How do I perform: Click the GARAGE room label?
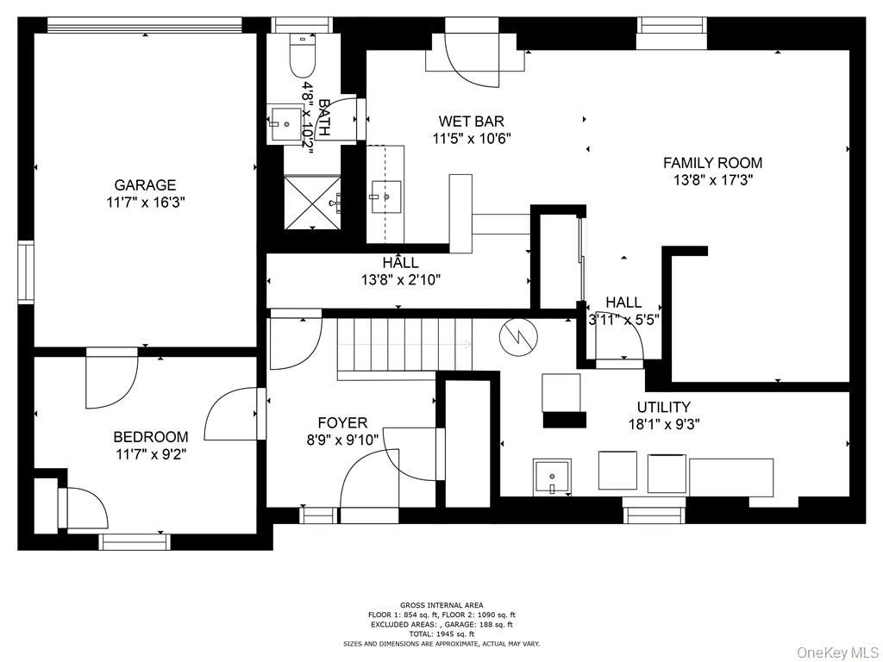(145, 185)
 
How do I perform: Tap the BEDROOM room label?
(150, 437)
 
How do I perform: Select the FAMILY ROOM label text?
(712, 163)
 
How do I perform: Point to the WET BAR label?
(471, 122)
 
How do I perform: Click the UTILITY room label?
(663, 407)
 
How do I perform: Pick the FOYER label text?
(342, 423)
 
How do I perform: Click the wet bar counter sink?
(386, 197)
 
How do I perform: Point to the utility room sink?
(551, 477)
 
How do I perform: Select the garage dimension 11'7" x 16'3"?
(145, 203)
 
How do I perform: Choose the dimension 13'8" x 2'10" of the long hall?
(401, 279)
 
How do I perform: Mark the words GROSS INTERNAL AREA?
(441, 605)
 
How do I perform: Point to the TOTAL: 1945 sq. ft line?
(441, 634)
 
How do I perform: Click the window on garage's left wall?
(25, 272)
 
